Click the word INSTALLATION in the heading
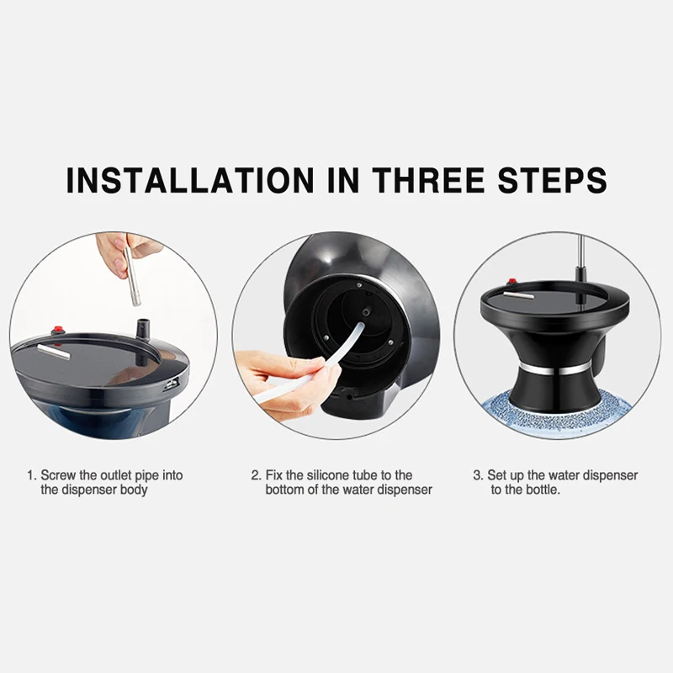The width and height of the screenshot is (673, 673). [x=191, y=179]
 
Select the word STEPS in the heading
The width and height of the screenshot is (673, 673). [x=553, y=179]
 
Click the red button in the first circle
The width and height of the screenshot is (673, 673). [x=57, y=331]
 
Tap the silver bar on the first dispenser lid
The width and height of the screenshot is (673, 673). [x=53, y=352]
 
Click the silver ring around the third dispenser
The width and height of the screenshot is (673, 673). [x=554, y=368]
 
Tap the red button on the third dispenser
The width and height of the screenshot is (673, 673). [x=511, y=282]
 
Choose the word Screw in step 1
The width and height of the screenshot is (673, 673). [x=58, y=475]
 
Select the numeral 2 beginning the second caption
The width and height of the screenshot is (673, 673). [x=255, y=475]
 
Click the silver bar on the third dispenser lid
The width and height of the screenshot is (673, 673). [x=518, y=295]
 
